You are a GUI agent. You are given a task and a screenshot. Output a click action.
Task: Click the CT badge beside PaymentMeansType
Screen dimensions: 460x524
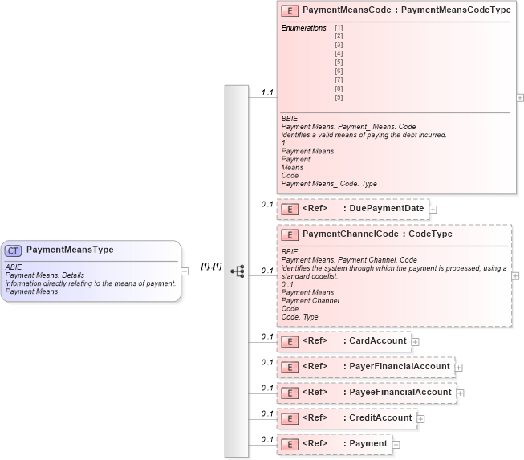14,250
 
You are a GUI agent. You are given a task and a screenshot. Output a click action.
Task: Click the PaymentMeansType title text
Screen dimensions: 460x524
71,250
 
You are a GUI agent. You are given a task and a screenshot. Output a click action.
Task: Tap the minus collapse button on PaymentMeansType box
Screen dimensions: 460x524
185,271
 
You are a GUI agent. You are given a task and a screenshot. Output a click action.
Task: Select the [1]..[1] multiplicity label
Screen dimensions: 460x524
211,266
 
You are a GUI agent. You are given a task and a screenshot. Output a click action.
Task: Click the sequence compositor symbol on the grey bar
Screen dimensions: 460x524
237,271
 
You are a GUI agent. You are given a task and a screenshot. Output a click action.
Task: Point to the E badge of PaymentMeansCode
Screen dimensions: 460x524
290,10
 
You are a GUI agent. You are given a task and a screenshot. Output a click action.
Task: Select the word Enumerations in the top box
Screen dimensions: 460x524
303,28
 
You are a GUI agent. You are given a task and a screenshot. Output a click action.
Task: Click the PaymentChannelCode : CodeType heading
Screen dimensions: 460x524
377,234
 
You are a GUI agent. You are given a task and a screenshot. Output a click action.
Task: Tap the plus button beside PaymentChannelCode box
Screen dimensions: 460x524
515,275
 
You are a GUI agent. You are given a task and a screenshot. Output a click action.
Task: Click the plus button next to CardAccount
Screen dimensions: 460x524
416,342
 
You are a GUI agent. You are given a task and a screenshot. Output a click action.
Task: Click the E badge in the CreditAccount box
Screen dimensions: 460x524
290,418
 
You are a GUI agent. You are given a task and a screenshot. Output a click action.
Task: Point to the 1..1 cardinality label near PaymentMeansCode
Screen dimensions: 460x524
266,92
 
